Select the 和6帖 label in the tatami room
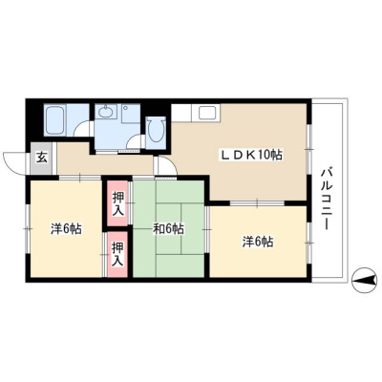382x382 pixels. point(168,228)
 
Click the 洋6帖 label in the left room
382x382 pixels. point(66,229)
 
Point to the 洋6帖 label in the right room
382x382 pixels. point(258,243)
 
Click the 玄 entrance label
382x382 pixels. point(41,157)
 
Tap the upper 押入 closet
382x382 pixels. point(118,204)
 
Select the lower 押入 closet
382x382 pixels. point(117,254)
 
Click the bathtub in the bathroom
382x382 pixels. point(55,120)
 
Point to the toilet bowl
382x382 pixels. point(156,130)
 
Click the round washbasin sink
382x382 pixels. point(105,112)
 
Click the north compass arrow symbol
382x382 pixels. point(364,280)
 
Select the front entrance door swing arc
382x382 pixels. point(12,163)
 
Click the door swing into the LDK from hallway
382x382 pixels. point(167,164)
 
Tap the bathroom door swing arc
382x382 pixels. point(83,127)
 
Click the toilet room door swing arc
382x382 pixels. point(136,140)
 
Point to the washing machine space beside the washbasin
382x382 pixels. point(131,114)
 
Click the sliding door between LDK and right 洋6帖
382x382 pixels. point(257,202)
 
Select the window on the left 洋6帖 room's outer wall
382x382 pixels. point(28,228)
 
